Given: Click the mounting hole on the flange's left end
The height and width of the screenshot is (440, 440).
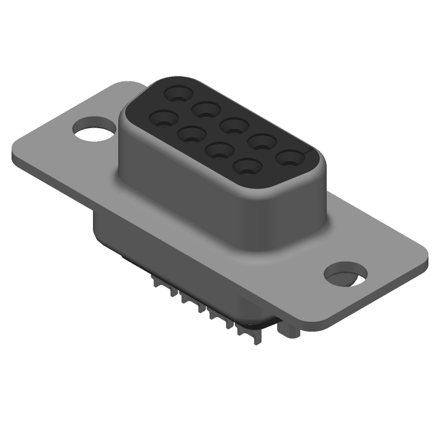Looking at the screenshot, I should (94, 128).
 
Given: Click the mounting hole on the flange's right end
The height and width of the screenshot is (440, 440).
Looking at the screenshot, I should (345, 274).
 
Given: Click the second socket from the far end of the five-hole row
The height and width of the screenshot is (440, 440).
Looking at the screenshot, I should (205, 109).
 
